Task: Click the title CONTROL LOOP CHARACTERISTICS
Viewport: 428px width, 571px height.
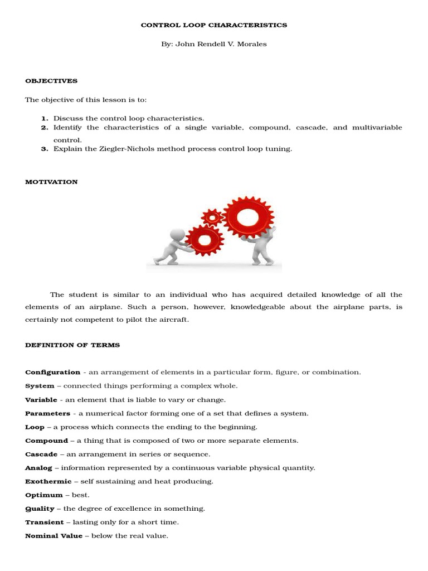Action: click(214, 25)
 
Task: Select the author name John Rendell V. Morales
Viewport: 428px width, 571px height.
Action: click(221, 44)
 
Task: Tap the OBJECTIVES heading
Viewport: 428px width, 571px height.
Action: click(51, 81)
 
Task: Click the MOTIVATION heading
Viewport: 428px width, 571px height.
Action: click(51, 182)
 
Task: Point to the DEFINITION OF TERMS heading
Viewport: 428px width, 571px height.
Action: click(72, 345)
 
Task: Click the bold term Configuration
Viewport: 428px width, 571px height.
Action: click(53, 372)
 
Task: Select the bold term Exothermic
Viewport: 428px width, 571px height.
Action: click(48, 481)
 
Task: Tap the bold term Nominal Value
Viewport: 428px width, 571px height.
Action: click(53, 536)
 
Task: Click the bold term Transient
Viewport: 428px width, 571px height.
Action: click(45, 522)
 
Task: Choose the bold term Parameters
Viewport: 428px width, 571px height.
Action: click(48, 413)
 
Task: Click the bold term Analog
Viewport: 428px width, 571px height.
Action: click(39, 468)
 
